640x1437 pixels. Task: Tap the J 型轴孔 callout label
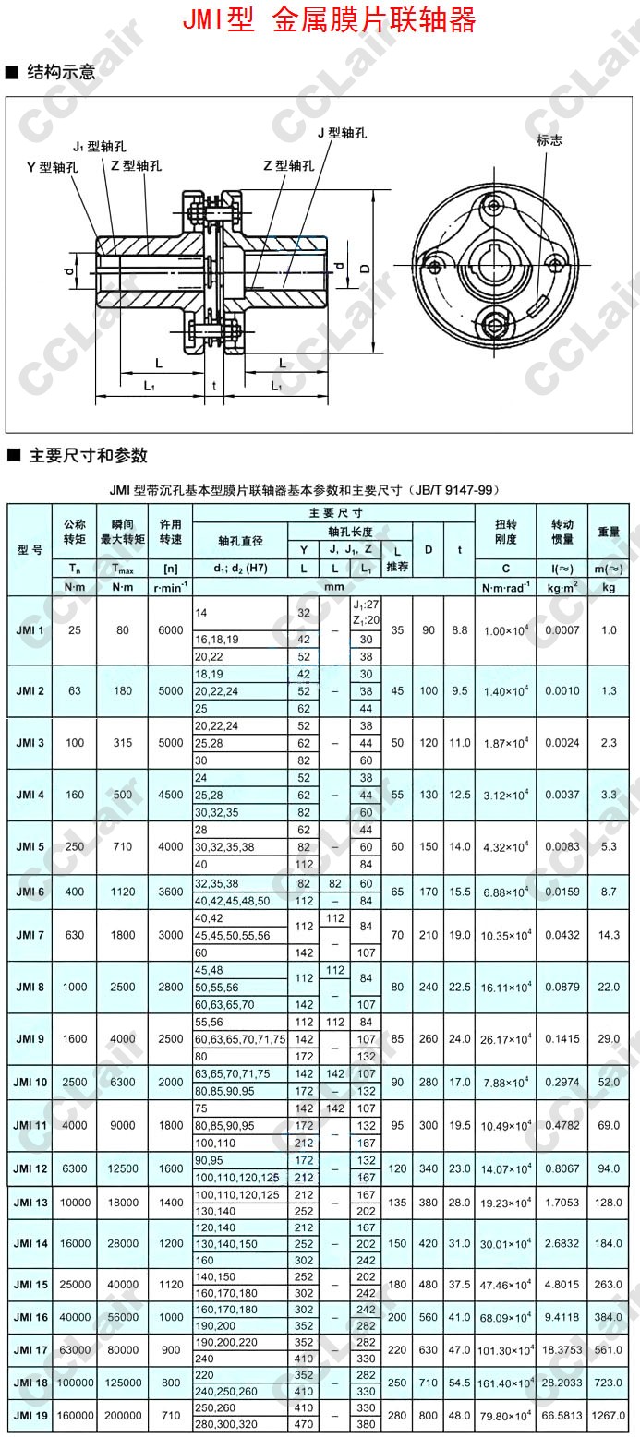coord(342,133)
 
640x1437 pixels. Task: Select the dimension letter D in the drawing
coord(365,268)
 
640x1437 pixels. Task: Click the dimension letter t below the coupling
coord(213,386)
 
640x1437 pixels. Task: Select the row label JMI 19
coord(30,1414)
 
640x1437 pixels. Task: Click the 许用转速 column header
coord(170,532)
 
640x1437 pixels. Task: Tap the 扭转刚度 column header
coord(506,532)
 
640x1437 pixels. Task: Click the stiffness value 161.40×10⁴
coord(506,1384)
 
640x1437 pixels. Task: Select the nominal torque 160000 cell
coord(74,1414)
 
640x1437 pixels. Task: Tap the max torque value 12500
coord(124,1168)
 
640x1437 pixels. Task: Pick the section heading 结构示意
coord(61,72)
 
